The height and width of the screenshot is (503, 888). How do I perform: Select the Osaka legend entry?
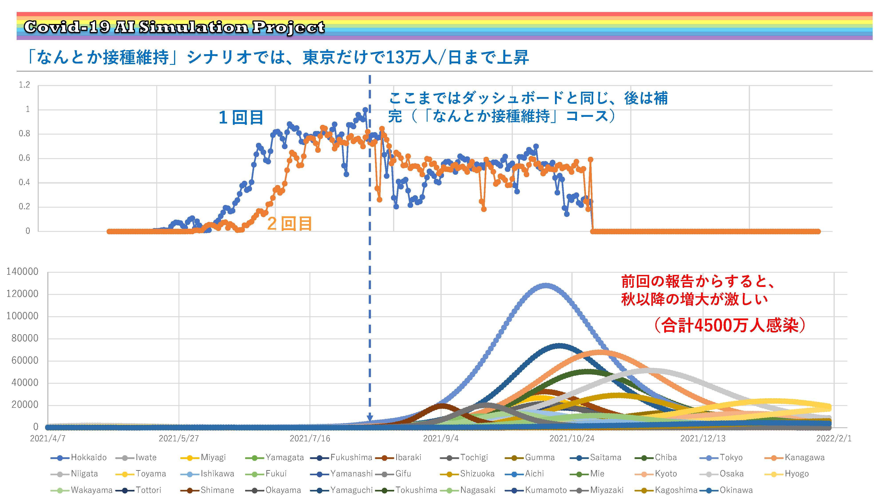[x=721, y=474]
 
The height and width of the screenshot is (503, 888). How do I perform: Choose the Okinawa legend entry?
[x=726, y=490]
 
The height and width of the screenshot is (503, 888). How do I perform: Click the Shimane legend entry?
[x=207, y=490]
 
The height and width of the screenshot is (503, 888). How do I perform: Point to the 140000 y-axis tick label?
[x=22, y=272]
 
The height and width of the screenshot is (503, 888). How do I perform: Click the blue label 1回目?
[x=241, y=118]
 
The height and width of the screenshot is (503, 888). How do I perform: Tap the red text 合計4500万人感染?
[x=730, y=325]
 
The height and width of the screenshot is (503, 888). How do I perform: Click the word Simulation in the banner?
[x=193, y=27]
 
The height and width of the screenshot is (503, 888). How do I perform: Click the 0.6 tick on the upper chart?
[x=24, y=158]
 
